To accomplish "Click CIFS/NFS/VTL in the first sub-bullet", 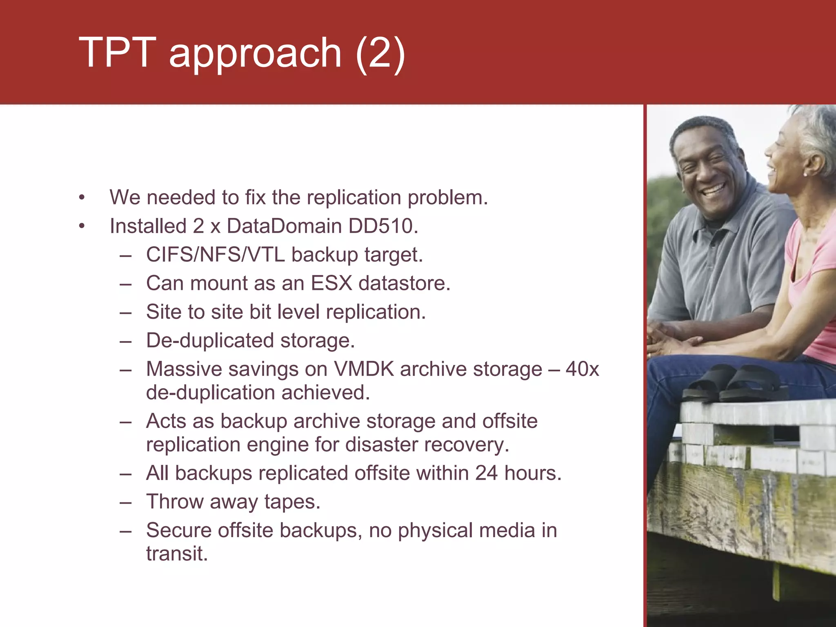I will point(216,255).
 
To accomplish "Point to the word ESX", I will point(331,283).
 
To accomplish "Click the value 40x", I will point(582,369).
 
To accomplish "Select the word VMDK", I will point(364,369).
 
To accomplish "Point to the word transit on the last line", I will point(177,554).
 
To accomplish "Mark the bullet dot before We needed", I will point(82,198).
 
